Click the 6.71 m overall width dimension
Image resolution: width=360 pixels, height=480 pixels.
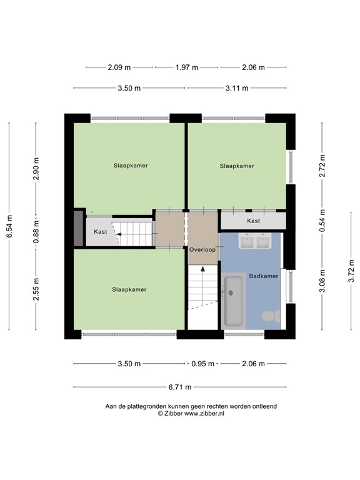pos(179,387)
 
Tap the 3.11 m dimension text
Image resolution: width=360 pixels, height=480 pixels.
pos(236,89)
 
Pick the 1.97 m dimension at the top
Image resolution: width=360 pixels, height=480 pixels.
pos(186,67)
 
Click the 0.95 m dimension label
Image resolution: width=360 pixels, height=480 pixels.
pos(202,364)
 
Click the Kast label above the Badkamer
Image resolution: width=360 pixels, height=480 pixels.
pos(253,221)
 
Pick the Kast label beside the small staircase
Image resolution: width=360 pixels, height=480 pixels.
pos(100,232)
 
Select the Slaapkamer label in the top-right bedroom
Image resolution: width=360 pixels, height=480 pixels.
pos(237,166)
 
